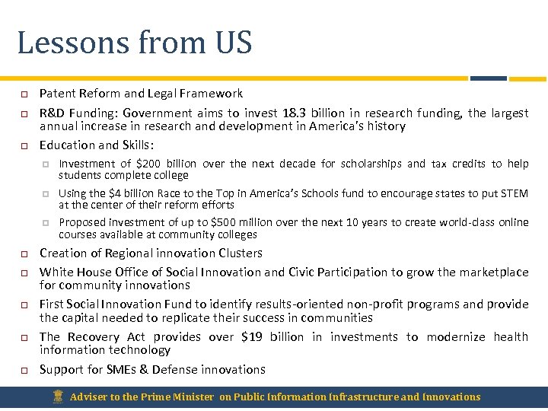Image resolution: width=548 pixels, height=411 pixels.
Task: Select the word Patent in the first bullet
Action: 56,94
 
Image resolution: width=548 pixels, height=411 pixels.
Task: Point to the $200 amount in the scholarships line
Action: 148,164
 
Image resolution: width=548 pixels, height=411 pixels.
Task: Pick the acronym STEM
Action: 515,193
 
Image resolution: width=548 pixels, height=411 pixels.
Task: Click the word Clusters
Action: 238,253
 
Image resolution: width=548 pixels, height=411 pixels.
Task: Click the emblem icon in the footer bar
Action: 57,397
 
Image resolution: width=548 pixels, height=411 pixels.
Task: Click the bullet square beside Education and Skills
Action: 24,145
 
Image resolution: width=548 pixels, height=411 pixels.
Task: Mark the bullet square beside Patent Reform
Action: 24,94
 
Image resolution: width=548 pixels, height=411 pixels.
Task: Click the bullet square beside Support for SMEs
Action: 24,370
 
